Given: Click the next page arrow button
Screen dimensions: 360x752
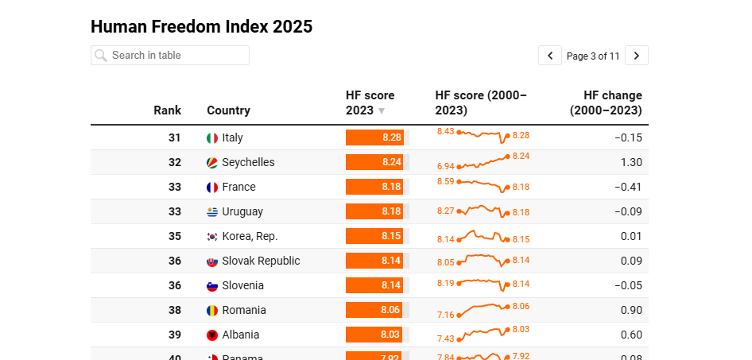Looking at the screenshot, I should point(637,56).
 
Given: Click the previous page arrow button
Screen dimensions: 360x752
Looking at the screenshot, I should point(550,56).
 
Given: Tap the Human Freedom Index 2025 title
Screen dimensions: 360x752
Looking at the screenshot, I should point(201,26).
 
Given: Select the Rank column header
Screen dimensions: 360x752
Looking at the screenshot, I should point(167,110).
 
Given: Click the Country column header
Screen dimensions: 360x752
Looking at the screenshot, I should point(228,110).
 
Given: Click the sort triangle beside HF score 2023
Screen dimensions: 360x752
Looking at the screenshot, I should point(382,111).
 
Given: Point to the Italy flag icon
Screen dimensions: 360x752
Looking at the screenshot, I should point(212,138).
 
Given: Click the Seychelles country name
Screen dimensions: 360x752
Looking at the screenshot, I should point(248,162).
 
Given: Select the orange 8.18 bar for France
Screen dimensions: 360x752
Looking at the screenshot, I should point(374,187).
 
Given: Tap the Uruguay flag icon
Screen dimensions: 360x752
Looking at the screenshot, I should point(212,212).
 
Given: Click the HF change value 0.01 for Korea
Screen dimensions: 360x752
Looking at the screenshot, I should point(631,237).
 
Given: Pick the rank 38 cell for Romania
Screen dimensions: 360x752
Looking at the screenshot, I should point(175,310).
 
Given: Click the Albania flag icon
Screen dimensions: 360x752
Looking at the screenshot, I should point(212,335).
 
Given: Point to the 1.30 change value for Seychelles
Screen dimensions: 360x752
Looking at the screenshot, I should point(631,162).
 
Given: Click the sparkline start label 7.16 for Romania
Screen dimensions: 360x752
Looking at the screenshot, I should point(445,315).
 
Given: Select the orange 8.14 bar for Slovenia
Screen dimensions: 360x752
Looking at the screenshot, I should point(374,285).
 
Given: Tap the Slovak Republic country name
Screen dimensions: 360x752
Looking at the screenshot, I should point(261,261).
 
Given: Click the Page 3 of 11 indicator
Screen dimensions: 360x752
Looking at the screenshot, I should point(593,56).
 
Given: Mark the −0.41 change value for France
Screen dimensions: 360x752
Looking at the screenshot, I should point(628,187).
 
